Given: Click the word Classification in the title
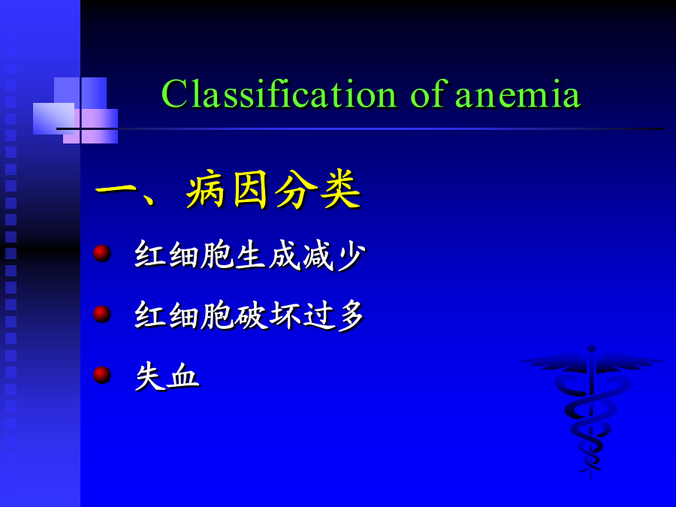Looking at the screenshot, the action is [x=279, y=94].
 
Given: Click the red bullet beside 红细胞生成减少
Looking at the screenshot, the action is [x=102, y=253].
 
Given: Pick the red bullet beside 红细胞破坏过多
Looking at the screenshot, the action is [x=102, y=314].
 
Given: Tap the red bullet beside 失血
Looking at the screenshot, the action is [x=102, y=375].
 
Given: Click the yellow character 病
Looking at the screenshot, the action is [x=206, y=190].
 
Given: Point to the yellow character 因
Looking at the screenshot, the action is [x=251, y=190].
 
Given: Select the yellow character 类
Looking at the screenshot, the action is [x=340, y=190].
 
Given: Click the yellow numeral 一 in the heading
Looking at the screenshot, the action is [x=116, y=189].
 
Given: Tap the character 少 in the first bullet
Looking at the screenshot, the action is [x=352, y=256].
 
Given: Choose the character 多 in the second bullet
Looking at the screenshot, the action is [x=351, y=316].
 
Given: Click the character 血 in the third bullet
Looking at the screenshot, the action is [x=185, y=377].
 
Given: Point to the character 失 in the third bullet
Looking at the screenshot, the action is [x=150, y=377].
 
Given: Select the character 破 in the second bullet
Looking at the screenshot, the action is [x=252, y=316].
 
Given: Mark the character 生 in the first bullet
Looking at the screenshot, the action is [x=251, y=255].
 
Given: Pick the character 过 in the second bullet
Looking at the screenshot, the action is [x=318, y=316].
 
